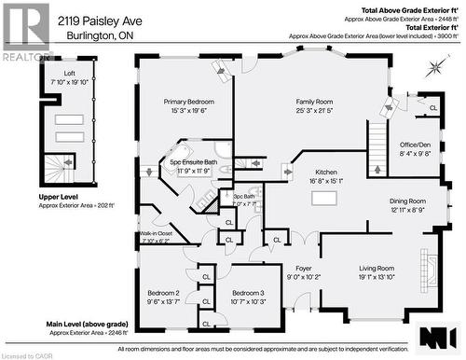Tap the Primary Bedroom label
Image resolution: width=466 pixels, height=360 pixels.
click(x=189, y=101)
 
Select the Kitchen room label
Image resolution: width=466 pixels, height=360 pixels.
click(x=325, y=173)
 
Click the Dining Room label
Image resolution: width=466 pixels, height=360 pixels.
click(x=407, y=201)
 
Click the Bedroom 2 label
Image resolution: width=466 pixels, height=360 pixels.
click(x=164, y=293)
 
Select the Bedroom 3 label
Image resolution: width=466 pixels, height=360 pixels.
click(x=248, y=293)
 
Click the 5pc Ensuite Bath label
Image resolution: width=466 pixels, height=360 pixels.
click(x=193, y=162)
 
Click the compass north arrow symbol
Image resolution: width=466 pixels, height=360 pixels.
click(x=435, y=67)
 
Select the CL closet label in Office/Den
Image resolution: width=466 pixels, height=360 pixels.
click(x=433, y=108)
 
